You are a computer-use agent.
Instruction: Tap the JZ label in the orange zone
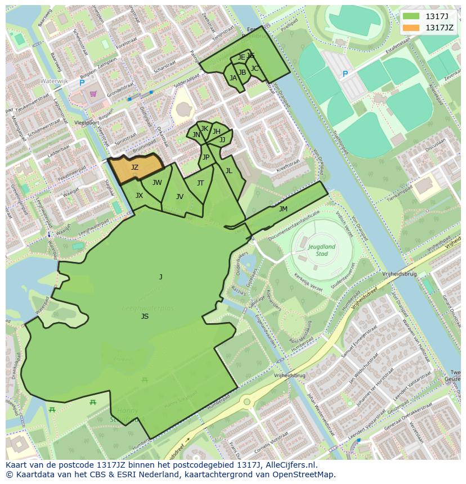[x=135, y=168]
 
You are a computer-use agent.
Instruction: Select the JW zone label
[x=157, y=182]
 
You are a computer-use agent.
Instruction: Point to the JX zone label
[x=139, y=196]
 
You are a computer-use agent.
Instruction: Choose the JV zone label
[x=180, y=196]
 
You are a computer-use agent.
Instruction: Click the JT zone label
[x=200, y=183]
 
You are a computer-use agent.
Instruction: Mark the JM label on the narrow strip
[x=283, y=209]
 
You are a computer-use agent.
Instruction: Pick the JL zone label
[x=228, y=170]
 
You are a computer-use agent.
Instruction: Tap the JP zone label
[x=206, y=157]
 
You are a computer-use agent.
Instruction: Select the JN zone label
[x=196, y=135]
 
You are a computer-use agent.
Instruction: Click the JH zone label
[x=216, y=132]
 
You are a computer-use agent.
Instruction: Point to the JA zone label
[x=233, y=78]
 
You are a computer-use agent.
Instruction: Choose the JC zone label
[x=254, y=69]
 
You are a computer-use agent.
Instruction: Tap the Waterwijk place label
[x=54, y=81]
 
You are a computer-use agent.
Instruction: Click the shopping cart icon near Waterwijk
[x=93, y=94]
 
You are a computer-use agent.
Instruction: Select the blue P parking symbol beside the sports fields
[x=345, y=74]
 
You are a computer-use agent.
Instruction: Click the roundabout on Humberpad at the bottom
[x=246, y=402]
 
